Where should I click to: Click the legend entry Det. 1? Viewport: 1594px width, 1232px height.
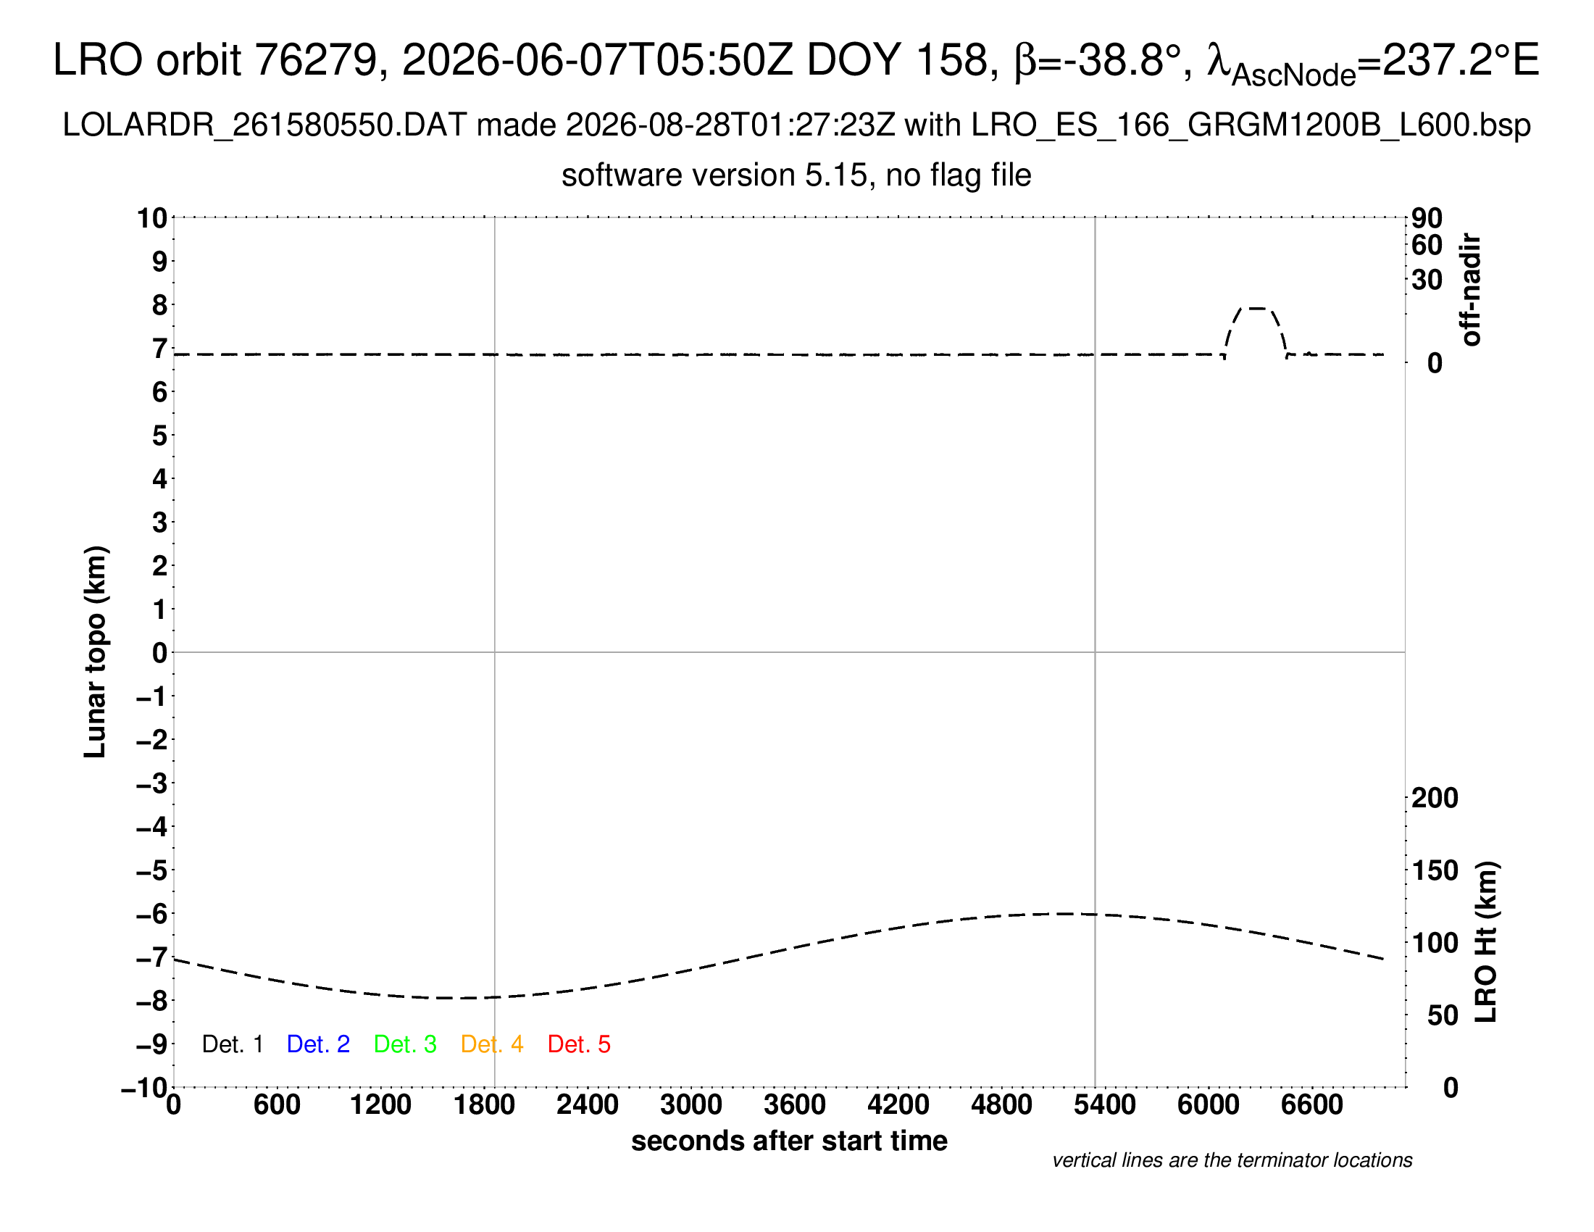232,1044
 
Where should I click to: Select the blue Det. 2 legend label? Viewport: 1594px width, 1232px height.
318,1044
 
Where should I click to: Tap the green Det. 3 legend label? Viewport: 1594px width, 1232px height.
405,1044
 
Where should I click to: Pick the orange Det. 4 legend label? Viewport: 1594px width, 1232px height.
492,1044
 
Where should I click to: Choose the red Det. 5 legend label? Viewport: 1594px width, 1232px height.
579,1044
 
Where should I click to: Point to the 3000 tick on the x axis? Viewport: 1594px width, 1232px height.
690,1105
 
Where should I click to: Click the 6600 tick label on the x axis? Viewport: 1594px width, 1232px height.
1311,1105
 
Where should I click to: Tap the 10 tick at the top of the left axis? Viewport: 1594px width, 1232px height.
152,217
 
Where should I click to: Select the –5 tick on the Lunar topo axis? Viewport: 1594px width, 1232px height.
152,870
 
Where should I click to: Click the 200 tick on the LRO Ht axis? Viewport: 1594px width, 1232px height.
1435,798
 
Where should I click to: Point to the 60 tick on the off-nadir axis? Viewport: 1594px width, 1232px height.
1427,245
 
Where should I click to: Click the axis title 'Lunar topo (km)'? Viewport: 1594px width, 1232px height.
95,652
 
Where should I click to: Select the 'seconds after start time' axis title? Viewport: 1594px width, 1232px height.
789,1141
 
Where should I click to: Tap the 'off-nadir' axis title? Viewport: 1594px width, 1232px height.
1471,290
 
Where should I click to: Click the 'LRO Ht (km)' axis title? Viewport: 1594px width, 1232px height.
1485,942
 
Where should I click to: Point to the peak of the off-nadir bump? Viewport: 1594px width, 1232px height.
1256,308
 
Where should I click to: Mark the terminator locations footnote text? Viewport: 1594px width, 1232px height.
1232,1160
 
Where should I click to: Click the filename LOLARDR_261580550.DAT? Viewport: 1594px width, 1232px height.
264,125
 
